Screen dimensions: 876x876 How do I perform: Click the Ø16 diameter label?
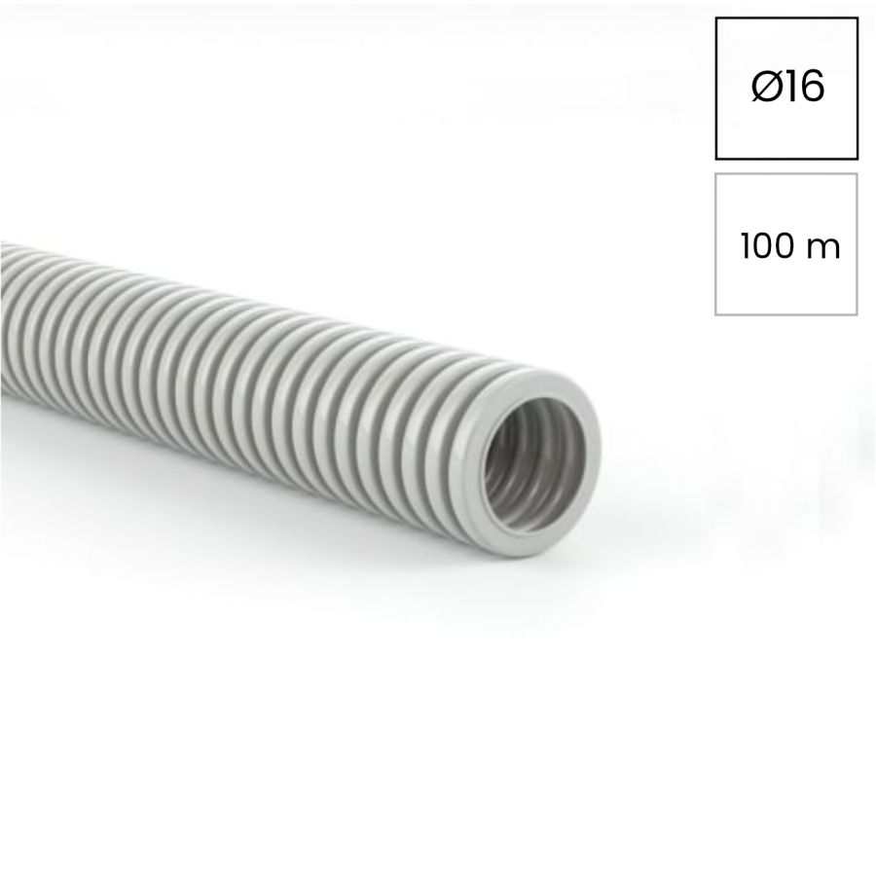coord(787,88)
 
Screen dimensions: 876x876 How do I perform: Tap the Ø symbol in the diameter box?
coord(764,88)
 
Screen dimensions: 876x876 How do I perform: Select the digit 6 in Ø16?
coord(812,88)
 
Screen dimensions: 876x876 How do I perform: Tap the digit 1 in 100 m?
coord(747,246)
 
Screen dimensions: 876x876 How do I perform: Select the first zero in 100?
coord(764,246)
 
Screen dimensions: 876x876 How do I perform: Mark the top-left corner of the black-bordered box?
coord(716,18)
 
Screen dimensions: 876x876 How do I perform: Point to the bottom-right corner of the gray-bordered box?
coord(857,314)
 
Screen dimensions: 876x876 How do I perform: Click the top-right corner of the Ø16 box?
coord(857,18)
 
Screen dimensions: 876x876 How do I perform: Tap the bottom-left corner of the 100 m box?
coord(716,314)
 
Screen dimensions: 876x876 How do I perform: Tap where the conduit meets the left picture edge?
coord(3,321)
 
